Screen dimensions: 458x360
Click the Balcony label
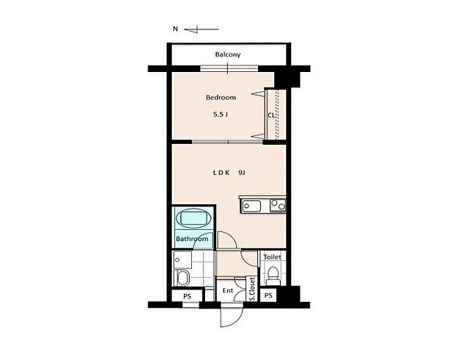pyautogui.click(x=228, y=54)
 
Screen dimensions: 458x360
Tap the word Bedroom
pyautogui.click(x=221, y=97)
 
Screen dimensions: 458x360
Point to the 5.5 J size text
pyautogui.click(x=221, y=115)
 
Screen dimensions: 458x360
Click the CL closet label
pyautogui.click(x=271, y=115)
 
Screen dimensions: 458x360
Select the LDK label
pyautogui.click(x=221, y=173)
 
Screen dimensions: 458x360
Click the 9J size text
pyautogui.click(x=242, y=173)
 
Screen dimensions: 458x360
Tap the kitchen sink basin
pyautogui.click(x=251, y=206)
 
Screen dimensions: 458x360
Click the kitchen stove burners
pyautogui.click(x=278, y=205)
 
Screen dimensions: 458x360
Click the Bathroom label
pyautogui.click(x=192, y=239)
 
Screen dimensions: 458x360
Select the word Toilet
pyautogui.click(x=272, y=257)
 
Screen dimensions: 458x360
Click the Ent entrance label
pyautogui.click(x=228, y=290)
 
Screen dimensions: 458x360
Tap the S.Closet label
pyautogui.click(x=252, y=289)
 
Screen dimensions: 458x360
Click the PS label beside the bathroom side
pyautogui.click(x=187, y=296)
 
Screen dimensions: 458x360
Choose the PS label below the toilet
pyautogui.click(x=268, y=295)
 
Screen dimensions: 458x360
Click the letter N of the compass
pyautogui.click(x=175, y=29)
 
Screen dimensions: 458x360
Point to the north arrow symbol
pyautogui.click(x=201, y=29)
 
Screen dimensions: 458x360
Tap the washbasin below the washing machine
pyautogui.click(x=182, y=278)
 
